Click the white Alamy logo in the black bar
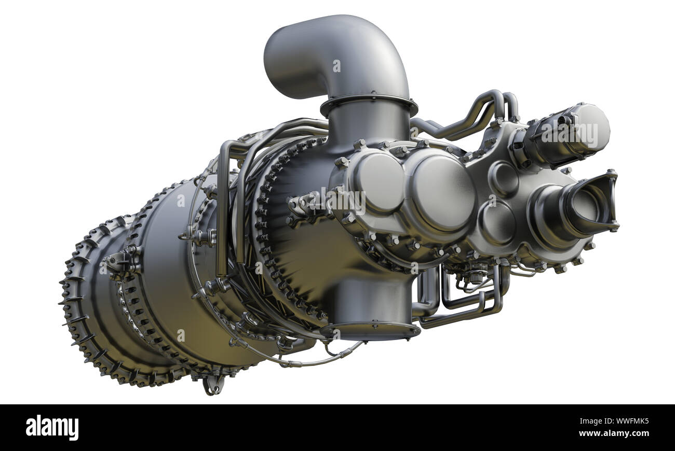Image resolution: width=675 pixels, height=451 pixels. tap(52, 428)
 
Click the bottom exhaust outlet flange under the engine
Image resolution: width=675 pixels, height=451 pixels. tap(370, 330)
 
